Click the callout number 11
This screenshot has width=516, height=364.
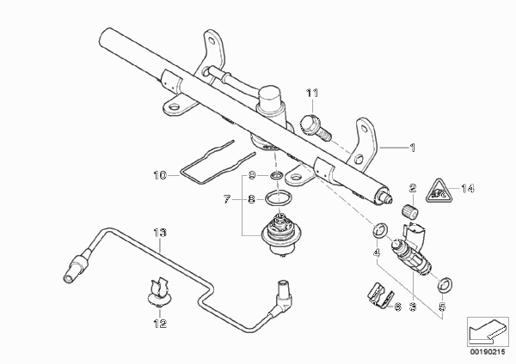point(312,94)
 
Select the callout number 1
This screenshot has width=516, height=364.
point(412,148)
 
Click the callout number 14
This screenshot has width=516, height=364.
point(468,189)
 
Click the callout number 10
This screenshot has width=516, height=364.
point(160,175)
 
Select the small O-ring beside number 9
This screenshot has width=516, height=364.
point(276,176)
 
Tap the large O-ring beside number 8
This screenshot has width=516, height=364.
point(279,198)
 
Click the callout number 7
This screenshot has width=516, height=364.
point(227,199)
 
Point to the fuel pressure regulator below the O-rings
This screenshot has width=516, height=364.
point(279,234)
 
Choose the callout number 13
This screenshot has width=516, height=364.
point(160,233)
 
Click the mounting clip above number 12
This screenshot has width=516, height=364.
point(159,292)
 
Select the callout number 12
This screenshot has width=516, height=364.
point(160,324)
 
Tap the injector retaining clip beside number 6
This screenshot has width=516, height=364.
point(380,295)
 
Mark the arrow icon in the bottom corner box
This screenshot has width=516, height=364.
point(488,331)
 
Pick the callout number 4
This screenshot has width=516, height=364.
point(377,252)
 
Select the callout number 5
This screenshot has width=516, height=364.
point(442,306)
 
